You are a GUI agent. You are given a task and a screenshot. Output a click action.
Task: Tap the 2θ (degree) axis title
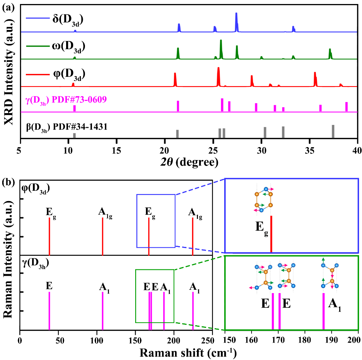(189, 162)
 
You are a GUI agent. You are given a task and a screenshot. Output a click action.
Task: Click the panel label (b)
(9, 182)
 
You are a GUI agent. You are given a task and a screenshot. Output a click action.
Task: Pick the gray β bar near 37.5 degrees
(333, 132)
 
